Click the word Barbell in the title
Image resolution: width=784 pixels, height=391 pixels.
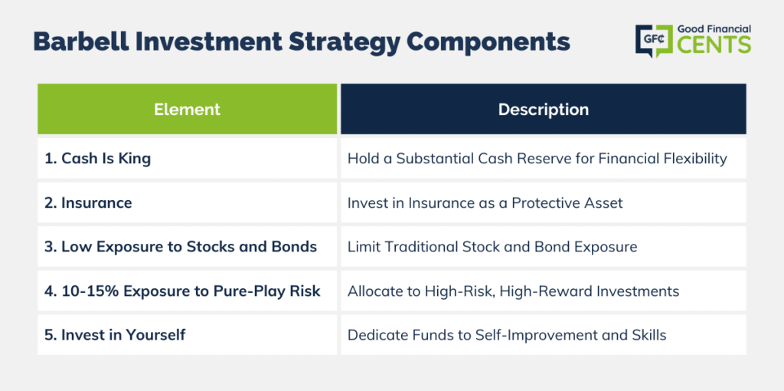tap(80, 43)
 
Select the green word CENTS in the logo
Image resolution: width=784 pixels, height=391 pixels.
tap(714, 44)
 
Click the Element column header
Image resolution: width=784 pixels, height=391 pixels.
tap(187, 109)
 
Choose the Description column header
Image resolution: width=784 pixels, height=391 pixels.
tap(544, 109)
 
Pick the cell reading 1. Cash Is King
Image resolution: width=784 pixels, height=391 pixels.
tap(187, 159)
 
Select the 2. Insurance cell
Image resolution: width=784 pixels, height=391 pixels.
tap(187, 202)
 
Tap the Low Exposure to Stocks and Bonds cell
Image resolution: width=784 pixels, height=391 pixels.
tap(187, 247)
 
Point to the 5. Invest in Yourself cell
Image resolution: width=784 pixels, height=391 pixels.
tap(187, 335)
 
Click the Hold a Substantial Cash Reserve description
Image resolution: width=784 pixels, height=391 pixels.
tap(544, 159)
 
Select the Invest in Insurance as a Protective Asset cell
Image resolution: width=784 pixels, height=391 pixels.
tap(544, 202)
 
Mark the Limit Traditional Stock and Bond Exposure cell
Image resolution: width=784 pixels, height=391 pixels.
tap(544, 247)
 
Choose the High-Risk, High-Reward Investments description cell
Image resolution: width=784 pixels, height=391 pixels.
tap(544, 291)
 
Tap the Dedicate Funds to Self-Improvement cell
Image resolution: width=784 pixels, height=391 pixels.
tap(544, 335)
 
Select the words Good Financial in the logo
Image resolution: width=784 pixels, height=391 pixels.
tap(714, 29)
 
